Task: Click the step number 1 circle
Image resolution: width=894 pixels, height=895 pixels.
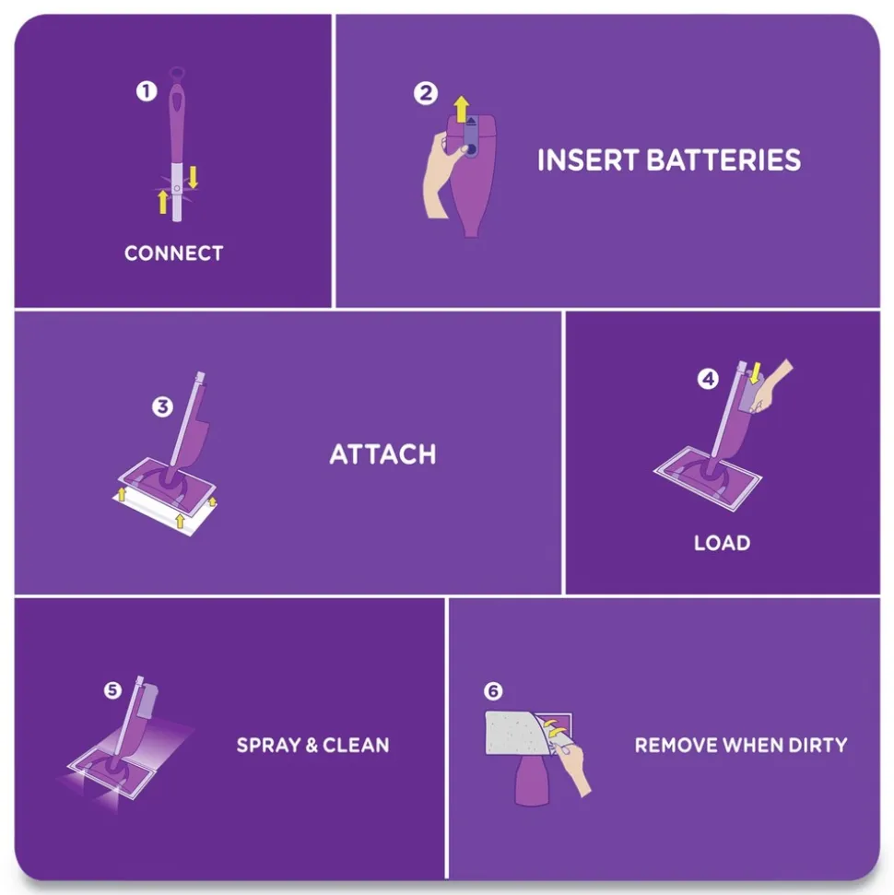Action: (147, 91)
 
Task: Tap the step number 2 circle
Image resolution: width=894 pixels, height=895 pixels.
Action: (425, 93)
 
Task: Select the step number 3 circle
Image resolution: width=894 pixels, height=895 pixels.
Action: (162, 406)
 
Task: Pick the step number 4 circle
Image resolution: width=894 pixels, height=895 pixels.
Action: (707, 379)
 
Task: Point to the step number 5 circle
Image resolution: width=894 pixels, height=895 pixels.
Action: (112, 689)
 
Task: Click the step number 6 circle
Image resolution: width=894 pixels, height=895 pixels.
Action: (493, 690)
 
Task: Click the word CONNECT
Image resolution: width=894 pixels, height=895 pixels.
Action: (173, 253)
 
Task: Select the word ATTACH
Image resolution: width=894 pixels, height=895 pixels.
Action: (382, 454)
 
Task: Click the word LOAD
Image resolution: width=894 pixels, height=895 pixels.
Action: (722, 543)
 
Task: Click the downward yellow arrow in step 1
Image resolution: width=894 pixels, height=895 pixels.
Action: (193, 176)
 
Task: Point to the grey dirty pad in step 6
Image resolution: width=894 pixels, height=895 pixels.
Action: (516, 733)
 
